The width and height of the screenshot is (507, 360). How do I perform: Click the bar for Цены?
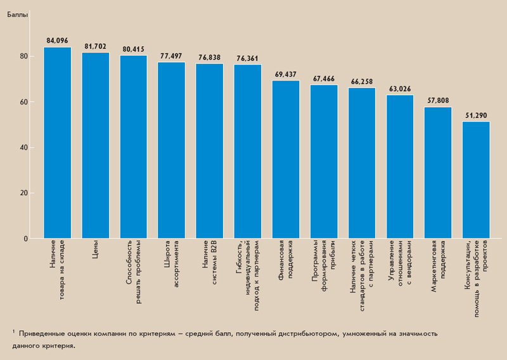pyautogui.click(x=95, y=146)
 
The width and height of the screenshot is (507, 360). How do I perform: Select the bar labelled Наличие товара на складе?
pyautogui.click(x=57, y=143)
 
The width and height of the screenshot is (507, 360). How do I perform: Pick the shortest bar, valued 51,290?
pyautogui.click(x=476, y=180)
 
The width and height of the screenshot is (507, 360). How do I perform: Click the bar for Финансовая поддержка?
pyautogui.click(x=286, y=160)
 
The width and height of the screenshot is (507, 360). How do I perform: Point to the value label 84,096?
pyautogui.click(x=57, y=41)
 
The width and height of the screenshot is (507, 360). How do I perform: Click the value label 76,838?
pyautogui.click(x=209, y=58)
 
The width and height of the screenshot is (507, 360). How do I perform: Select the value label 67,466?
pyautogui.click(x=324, y=79)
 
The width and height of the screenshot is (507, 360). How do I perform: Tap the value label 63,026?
pyautogui.click(x=400, y=89)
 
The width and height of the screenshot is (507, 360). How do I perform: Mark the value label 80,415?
pyautogui.click(x=134, y=49)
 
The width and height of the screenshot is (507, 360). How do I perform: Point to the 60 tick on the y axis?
pyautogui.click(x=23, y=102)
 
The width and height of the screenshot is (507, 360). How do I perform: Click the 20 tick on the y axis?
pyautogui.click(x=23, y=193)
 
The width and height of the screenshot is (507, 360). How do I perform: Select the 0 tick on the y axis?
pyautogui.click(x=25, y=239)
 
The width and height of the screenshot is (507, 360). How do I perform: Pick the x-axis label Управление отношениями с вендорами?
pyautogui.click(x=400, y=265)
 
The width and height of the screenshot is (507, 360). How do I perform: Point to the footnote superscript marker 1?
pyautogui.click(x=13, y=330)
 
